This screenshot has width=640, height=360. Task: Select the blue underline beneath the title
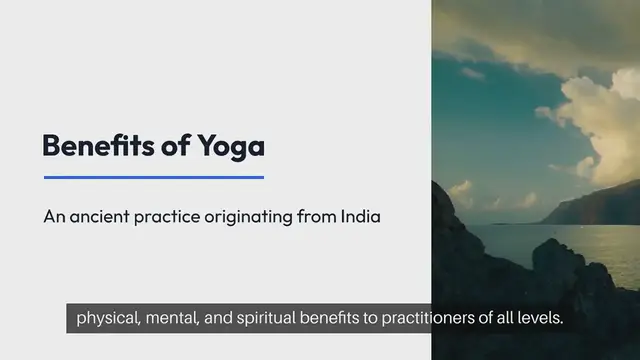pyautogui.click(x=153, y=177)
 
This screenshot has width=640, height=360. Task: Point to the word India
pyautogui.click(x=361, y=215)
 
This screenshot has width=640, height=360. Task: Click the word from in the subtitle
pyautogui.click(x=315, y=216)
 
